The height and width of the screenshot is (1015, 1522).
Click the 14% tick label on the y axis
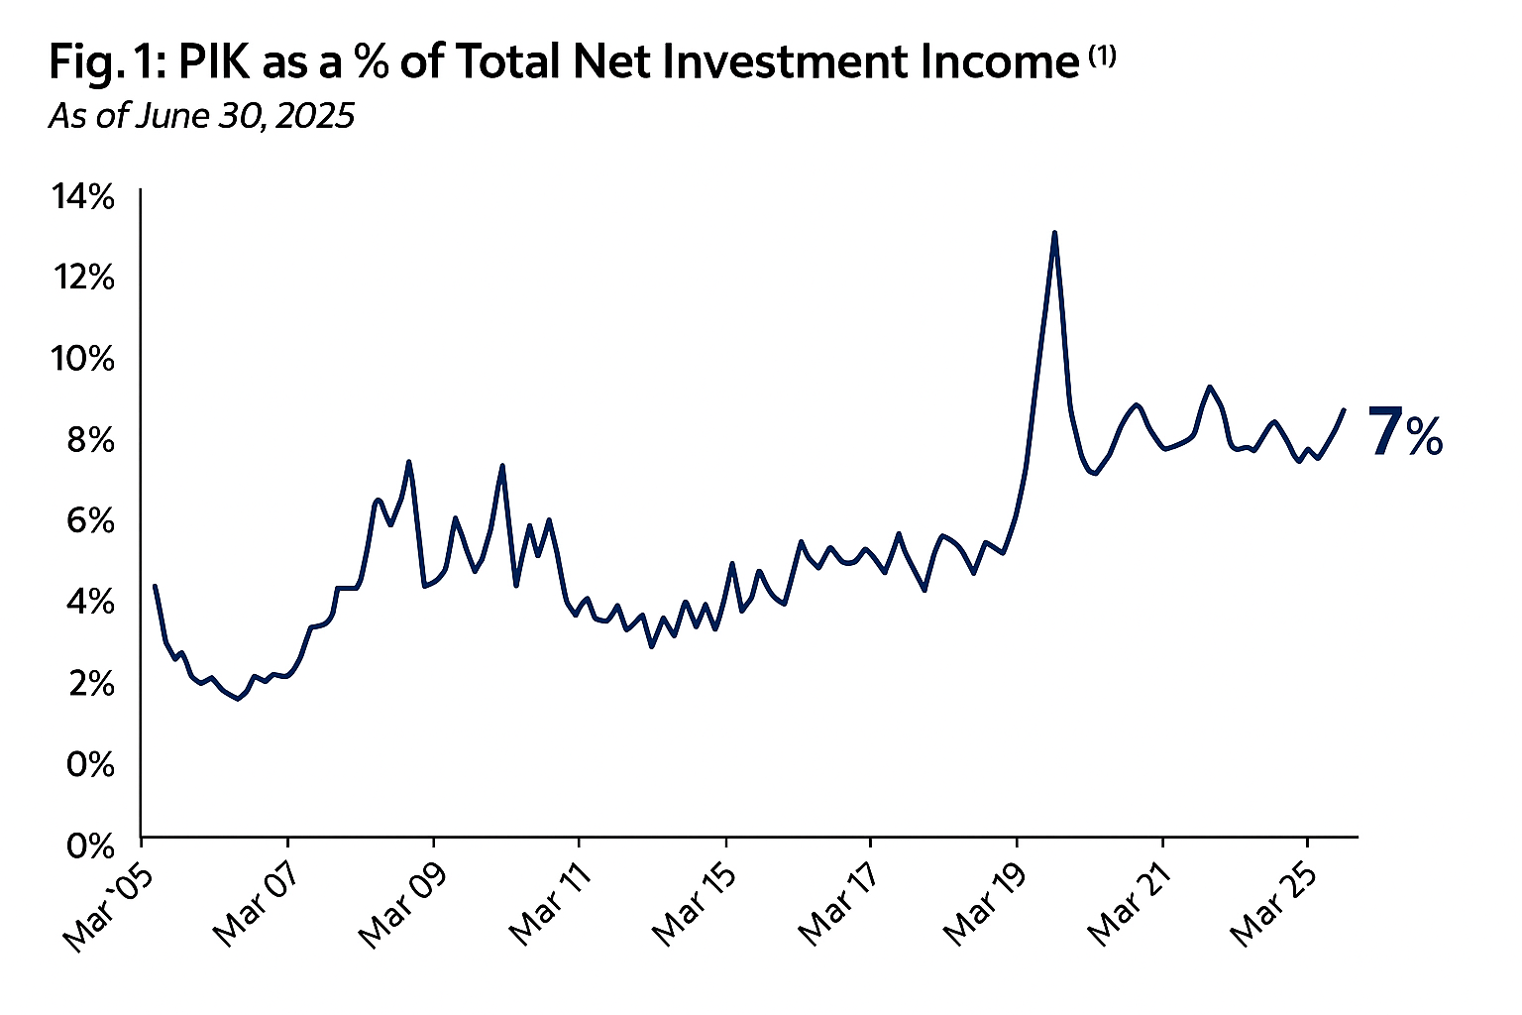click(83, 197)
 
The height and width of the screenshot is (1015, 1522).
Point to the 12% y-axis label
click(83, 278)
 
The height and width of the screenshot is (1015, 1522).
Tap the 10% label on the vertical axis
click(83, 359)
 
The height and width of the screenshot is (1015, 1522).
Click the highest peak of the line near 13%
click(1054, 233)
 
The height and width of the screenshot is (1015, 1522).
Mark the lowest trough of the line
click(238, 699)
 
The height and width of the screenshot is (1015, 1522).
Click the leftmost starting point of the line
click(155, 586)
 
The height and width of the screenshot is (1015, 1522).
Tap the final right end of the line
click(1344, 409)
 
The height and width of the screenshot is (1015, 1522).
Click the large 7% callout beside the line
click(1405, 433)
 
